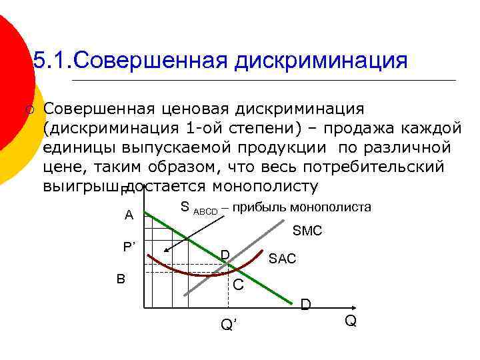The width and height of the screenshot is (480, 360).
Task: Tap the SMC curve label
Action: tap(307, 231)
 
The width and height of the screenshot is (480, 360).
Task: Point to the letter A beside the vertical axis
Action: tap(129, 215)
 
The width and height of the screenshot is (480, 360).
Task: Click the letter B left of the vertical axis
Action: tap(121, 278)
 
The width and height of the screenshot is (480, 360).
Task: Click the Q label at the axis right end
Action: tap(351, 321)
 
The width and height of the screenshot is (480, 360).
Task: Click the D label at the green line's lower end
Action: tap(305, 305)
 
